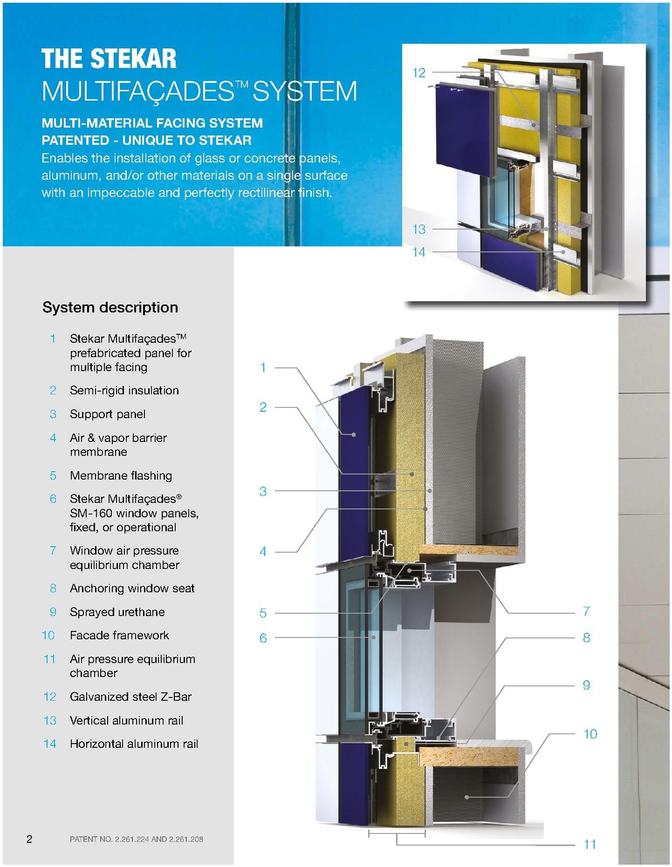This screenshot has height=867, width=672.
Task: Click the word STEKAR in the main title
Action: tap(133, 59)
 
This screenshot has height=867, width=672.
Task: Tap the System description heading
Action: tap(110, 308)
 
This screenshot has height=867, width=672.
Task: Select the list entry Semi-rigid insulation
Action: tap(124, 390)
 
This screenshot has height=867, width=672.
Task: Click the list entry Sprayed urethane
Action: tap(117, 612)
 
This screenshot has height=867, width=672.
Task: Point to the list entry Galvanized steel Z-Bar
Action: tap(131, 697)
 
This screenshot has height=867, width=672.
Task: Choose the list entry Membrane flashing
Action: tap(121, 475)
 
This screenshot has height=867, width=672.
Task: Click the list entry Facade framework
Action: tap(119, 636)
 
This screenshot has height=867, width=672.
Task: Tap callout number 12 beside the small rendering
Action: tap(418, 73)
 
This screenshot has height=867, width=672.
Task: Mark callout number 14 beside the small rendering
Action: tap(418, 252)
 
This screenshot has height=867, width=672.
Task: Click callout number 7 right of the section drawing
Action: tap(586, 611)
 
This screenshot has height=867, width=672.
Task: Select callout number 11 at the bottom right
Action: tap(590, 844)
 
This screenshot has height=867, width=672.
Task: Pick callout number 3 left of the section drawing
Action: tap(263, 492)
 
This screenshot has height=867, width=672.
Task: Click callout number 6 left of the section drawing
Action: tap(263, 638)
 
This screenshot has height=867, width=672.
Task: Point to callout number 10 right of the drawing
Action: tap(590, 734)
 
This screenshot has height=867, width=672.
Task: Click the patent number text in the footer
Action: tap(136, 839)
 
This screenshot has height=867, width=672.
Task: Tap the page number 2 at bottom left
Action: tap(29, 839)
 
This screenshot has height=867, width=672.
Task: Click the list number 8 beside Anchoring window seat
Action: tap(53, 588)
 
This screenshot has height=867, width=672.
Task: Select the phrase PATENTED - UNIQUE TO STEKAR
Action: tap(146, 141)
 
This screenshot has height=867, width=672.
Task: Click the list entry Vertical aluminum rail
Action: tap(127, 721)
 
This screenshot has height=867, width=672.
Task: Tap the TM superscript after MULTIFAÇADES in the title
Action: tap(242, 84)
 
